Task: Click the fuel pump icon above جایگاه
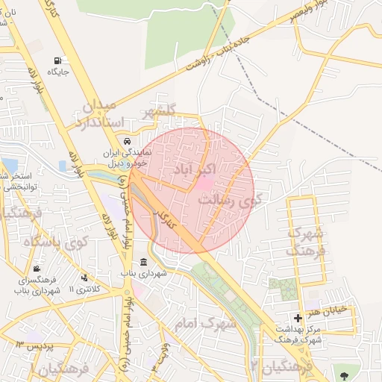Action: point(57,60)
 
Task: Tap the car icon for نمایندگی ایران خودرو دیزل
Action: point(128,142)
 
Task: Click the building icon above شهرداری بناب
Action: point(143,262)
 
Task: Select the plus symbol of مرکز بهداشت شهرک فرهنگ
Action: point(298,319)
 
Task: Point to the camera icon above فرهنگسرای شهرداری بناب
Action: point(37,269)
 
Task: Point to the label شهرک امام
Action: point(204,325)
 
